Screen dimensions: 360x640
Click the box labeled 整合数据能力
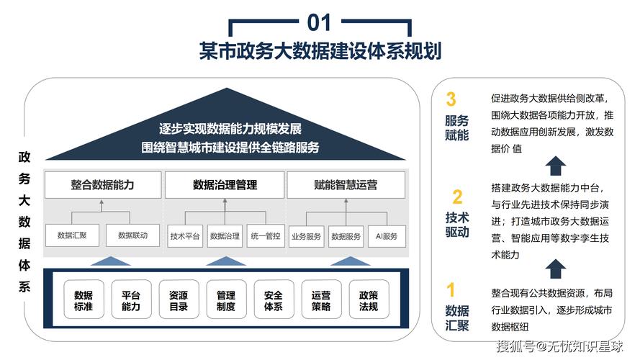[102, 185]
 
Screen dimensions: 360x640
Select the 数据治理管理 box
[225, 185]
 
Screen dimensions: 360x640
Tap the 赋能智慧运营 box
[346, 185]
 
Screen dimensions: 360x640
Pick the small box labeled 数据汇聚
[72, 235]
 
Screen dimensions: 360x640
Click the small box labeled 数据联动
[132, 235]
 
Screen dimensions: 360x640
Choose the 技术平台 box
[185, 235]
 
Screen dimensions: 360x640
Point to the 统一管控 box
[265, 235]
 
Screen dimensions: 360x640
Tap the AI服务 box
[387, 235]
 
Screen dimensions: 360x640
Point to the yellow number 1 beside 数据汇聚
[451, 291]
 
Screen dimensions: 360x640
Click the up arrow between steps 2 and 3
[555, 166]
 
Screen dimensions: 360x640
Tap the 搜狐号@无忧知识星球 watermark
[560, 346]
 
